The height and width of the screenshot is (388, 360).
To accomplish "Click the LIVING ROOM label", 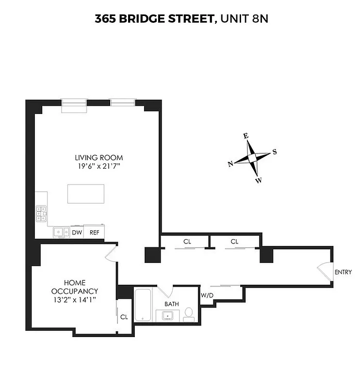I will [x=98, y=158].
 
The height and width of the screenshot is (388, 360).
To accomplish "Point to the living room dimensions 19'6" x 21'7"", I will [x=98, y=166].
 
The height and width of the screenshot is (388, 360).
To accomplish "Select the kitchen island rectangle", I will [x=86, y=194].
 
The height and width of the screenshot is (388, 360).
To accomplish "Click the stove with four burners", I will [x=41, y=214].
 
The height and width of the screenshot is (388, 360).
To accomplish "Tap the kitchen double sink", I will [x=62, y=232].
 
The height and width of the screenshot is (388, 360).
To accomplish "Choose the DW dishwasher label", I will [x=77, y=232].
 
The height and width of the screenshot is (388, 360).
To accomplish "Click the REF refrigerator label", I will [x=94, y=232].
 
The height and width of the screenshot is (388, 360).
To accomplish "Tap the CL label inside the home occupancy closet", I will [x=124, y=317].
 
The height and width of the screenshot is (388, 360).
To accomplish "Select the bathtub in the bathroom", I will [x=144, y=305].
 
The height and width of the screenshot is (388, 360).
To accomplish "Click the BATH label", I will [x=171, y=304].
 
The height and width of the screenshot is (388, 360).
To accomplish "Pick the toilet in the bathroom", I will [x=190, y=315].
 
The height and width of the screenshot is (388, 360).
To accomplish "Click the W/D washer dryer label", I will [x=207, y=295].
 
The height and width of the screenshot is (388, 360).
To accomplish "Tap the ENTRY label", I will [x=343, y=272].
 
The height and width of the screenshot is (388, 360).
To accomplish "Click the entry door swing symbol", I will [x=323, y=272].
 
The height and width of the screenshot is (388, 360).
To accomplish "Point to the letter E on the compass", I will [x=246, y=136].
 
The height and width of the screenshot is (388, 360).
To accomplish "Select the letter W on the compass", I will [x=259, y=180].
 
